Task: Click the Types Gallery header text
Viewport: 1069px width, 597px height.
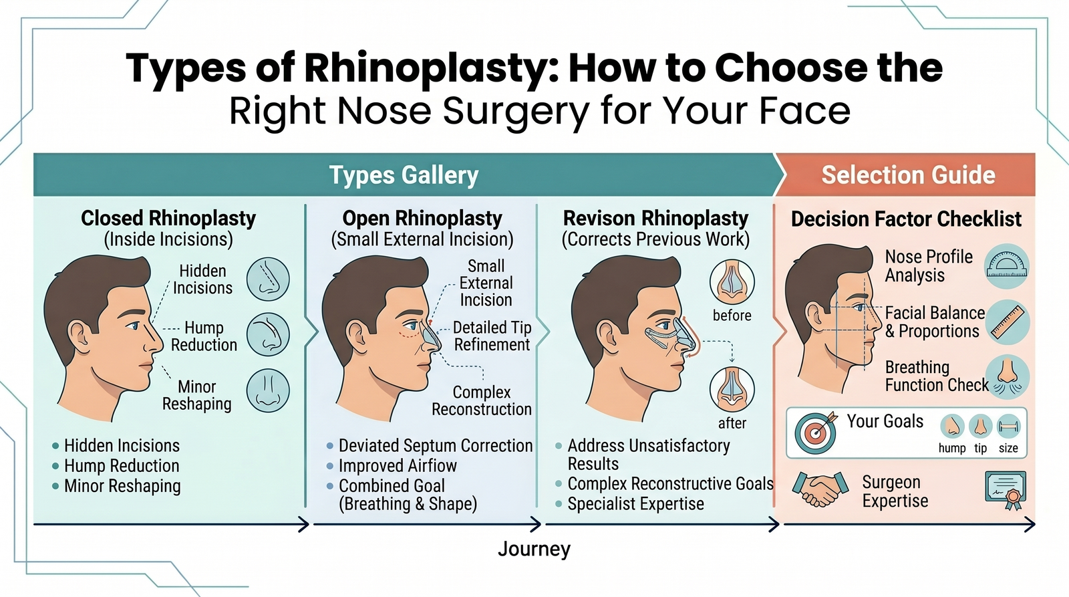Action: click(404, 175)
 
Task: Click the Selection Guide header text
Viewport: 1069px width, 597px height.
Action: click(908, 175)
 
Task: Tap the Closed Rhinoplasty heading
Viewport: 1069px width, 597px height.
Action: click(168, 219)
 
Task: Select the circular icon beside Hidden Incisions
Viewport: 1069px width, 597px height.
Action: click(268, 279)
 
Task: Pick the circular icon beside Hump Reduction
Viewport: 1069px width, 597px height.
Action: click(268, 334)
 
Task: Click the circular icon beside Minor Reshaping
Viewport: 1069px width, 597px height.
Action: click(268, 391)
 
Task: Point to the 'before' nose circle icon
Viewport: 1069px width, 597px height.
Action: click(732, 282)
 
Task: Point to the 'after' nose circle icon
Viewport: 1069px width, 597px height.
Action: click(732, 390)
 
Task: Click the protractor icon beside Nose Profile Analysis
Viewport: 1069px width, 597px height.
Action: click(1007, 266)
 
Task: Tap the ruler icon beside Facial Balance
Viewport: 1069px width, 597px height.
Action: click(1008, 322)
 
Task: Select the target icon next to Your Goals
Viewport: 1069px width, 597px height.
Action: click(815, 433)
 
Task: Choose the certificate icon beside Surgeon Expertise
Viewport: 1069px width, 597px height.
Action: click(1006, 490)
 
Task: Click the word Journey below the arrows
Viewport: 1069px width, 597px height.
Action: click(534, 550)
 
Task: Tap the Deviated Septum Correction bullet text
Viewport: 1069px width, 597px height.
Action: click(436, 446)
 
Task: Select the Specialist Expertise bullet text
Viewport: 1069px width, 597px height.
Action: click(635, 504)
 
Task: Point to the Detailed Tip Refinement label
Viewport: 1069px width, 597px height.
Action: click(492, 336)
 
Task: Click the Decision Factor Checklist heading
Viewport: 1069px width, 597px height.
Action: click(906, 219)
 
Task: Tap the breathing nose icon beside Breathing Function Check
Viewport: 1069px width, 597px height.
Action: click(1008, 376)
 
